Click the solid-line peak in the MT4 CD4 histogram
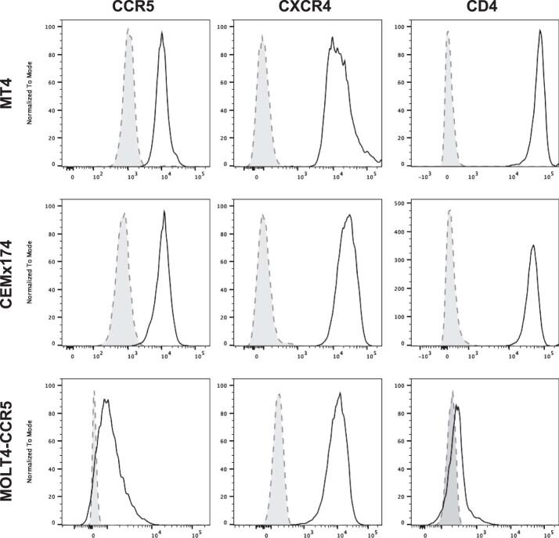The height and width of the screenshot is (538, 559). click(x=540, y=31)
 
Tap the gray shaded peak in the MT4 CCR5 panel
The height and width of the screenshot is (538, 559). click(x=128, y=30)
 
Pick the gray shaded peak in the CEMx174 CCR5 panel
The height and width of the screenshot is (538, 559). click(x=123, y=213)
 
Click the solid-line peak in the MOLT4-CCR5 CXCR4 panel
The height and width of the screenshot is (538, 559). click(x=340, y=393)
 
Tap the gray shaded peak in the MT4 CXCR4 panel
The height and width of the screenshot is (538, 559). click(x=263, y=35)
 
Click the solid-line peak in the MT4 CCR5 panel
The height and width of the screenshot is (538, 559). click(x=161, y=33)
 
